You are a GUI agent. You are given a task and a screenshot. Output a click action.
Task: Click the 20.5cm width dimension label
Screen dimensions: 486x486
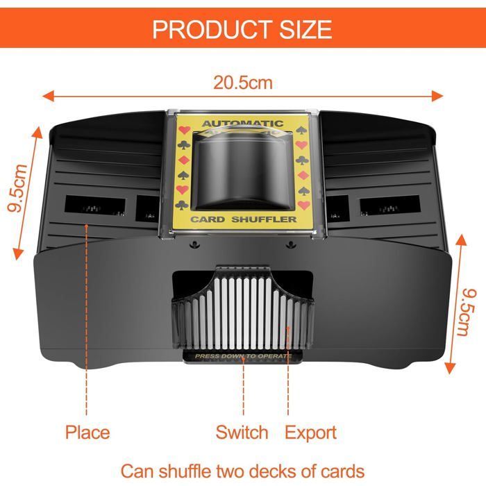(x=243, y=83)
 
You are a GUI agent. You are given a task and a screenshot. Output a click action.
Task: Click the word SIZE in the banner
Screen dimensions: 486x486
(x=305, y=29)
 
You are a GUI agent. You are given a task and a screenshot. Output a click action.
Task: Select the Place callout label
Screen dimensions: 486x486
(x=87, y=433)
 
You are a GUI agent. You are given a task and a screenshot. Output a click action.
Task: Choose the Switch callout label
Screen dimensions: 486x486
(x=242, y=432)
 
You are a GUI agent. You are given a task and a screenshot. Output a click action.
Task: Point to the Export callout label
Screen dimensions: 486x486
(x=310, y=433)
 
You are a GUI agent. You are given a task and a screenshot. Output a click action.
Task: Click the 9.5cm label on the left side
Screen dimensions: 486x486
(x=17, y=188)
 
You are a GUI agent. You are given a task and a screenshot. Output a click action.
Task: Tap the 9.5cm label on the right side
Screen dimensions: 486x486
(x=467, y=312)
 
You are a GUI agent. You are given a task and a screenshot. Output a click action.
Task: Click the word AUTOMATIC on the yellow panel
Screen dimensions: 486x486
(x=243, y=124)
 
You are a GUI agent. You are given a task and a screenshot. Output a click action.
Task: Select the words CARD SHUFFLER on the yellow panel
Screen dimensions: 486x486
(x=244, y=219)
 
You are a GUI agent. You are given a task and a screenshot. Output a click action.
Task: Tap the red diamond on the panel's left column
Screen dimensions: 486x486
(x=183, y=160)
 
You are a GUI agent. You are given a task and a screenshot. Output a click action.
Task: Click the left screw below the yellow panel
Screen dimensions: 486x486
(x=194, y=244)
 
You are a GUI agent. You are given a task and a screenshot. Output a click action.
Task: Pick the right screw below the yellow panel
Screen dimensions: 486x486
(x=290, y=244)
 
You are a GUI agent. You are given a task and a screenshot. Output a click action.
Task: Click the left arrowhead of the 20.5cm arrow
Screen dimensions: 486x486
(x=48, y=96)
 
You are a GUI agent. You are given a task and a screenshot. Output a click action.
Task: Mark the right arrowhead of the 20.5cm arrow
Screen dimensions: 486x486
(x=437, y=96)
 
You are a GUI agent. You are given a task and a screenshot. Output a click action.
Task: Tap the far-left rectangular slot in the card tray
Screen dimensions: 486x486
(x=95, y=204)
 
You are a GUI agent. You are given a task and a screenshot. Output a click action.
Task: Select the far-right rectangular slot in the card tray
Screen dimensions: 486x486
(x=390, y=205)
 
